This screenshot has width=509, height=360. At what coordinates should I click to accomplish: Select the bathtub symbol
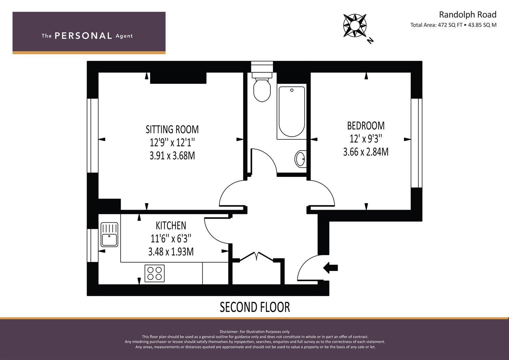(x=291, y=112)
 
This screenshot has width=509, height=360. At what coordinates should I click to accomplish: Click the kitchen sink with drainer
(x=109, y=235)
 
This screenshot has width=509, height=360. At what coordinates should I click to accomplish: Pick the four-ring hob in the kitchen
(x=154, y=273)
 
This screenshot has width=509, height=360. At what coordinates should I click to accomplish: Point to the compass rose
(x=355, y=25)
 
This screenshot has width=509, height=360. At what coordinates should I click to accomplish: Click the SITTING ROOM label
(x=172, y=129)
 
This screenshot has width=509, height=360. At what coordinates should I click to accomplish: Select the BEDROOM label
(x=366, y=126)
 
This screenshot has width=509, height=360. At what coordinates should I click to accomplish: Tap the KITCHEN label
(x=171, y=226)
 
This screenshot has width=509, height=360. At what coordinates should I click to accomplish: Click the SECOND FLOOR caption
(x=255, y=307)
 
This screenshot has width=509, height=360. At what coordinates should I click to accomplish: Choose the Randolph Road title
(x=467, y=15)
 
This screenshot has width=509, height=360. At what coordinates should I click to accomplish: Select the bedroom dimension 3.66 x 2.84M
(x=366, y=152)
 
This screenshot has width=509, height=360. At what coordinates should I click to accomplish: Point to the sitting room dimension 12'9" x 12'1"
(x=172, y=143)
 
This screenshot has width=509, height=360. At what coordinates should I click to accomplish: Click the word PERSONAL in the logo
(x=83, y=36)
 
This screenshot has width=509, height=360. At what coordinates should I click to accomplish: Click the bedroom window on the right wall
(x=416, y=143)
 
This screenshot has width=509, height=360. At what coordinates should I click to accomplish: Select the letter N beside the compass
(x=370, y=41)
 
